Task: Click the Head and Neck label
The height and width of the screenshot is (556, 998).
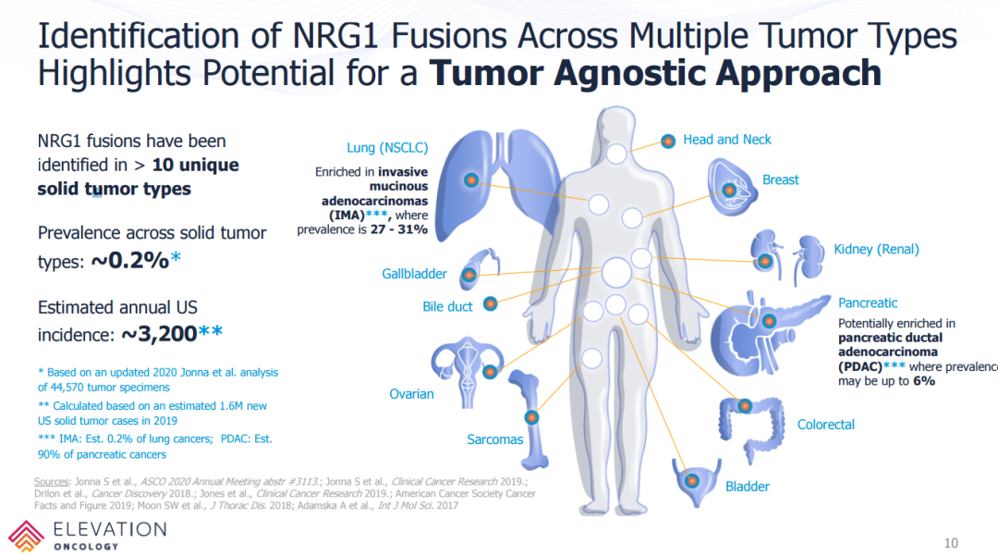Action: [x=726, y=140]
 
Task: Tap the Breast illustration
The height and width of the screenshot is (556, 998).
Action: [x=734, y=185]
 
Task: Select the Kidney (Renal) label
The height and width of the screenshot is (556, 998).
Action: [x=876, y=249]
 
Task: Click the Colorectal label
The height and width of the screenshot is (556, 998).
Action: [x=825, y=425]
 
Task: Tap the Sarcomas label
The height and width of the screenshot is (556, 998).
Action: [x=494, y=439]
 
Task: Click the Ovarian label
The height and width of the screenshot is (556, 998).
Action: [x=411, y=394]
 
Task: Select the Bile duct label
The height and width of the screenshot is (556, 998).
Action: [x=447, y=306]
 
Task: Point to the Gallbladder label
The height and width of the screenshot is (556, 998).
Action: [x=414, y=274]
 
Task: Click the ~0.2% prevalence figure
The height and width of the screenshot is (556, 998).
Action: [x=128, y=262]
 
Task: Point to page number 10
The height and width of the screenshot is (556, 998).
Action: [x=951, y=542]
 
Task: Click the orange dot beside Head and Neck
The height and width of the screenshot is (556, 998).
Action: [x=668, y=141]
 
